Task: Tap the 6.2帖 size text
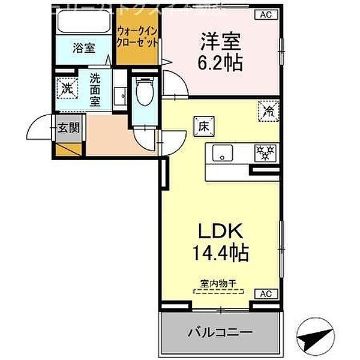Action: tap(221, 62)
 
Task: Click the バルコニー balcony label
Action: tap(220, 332)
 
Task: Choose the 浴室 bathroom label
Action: tap(84, 48)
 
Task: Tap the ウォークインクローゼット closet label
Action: tap(139, 37)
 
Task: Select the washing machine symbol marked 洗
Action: tap(67, 88)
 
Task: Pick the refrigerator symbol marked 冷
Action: tap(268, 110)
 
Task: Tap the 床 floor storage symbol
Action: tap(203, 126)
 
